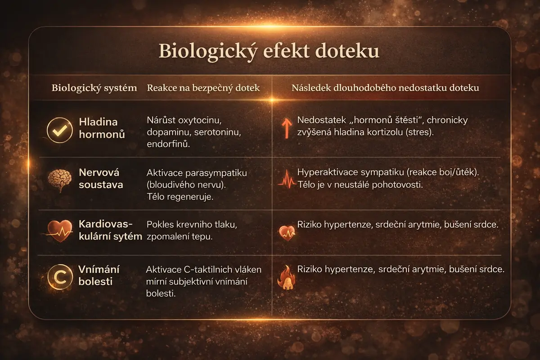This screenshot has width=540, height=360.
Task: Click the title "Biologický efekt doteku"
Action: [x=269, y=51]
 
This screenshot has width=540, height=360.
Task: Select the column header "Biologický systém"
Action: [x=94, y=88]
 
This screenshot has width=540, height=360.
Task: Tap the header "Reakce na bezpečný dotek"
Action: [x=203, y=88]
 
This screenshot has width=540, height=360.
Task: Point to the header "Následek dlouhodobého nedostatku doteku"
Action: [x=385, y=88]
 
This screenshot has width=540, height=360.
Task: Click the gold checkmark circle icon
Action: [x=60, y=130]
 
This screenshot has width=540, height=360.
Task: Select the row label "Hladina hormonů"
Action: [x=102, y=128]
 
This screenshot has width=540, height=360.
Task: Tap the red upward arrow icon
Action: [x=287, y=128]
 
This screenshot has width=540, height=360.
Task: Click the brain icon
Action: [x=59, y=180]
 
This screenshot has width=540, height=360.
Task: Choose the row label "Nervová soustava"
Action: [x=101, y=179]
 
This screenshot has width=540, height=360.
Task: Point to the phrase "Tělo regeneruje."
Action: [x=180, y=197]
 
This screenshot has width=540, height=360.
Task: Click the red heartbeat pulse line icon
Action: [x=287, y=180]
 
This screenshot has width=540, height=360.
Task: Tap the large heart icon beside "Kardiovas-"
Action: [x=60, y=231]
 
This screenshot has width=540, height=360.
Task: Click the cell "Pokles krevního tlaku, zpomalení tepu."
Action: [x=192, y=230]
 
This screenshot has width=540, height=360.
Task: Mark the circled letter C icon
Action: [x=60, y=277]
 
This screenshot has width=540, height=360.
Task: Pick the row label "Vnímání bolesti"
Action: [x=99, y=275]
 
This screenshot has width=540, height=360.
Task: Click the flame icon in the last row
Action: [x=286, y=277]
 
